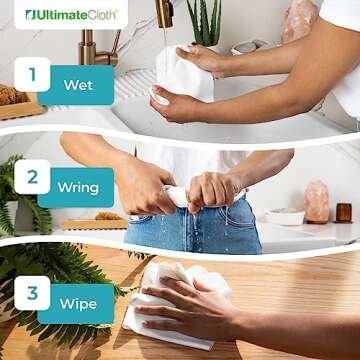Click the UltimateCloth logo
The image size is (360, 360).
[x=70, y=14]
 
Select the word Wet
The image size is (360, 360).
[x=78, y=85]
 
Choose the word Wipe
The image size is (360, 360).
[x=77, y=304]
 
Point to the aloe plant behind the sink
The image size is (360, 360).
[x=207, y=22]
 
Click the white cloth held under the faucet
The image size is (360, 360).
[x=185, y=75]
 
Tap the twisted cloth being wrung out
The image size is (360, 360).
[x=180, y=194]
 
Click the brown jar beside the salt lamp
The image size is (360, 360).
[x=343, y=212]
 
